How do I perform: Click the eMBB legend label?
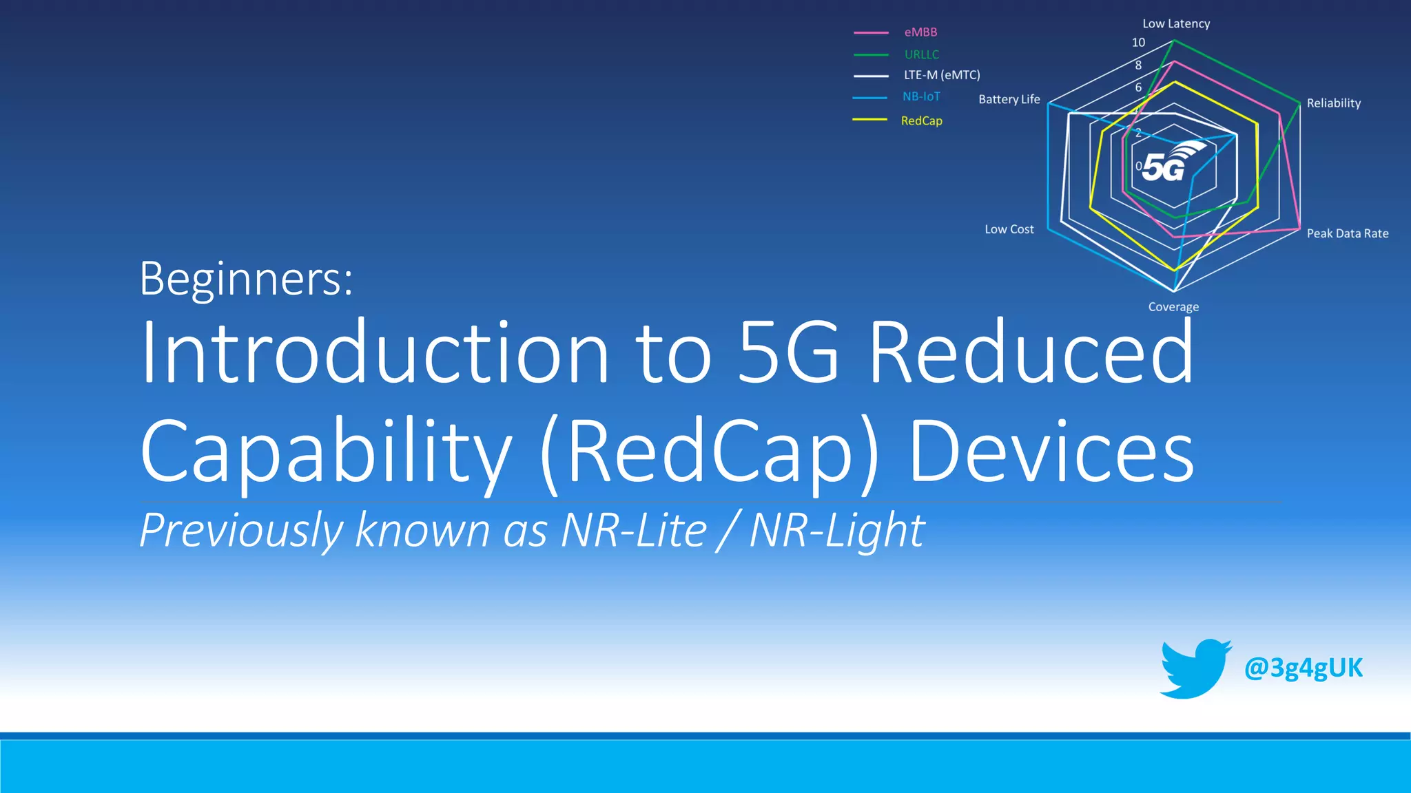(x=920, y=32)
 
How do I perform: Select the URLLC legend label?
(x=921, y=54)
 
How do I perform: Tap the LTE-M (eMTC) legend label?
(x=941, y=75)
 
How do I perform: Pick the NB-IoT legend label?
(x=921, y=97)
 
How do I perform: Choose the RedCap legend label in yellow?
(x=921, y=120)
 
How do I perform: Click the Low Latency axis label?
(x=1175, y=23)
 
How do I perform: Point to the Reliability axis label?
(x=1333, y=103)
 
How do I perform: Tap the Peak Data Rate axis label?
(x=1347, y=233)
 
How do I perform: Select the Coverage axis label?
(x=1173, y=307)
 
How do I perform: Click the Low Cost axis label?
(x=1009, y=229)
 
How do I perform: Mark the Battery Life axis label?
(x=1009, y=99)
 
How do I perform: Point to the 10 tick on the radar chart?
(x=1138, y=43)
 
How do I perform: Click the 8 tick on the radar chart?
(x=1138, y=65)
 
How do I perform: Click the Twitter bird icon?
(x=1194, y=668)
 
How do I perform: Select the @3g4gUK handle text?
(x=1303, y=668)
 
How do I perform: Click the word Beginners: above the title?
(x=246, y=279)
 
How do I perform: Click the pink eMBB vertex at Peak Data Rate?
(x=1299, y=229)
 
